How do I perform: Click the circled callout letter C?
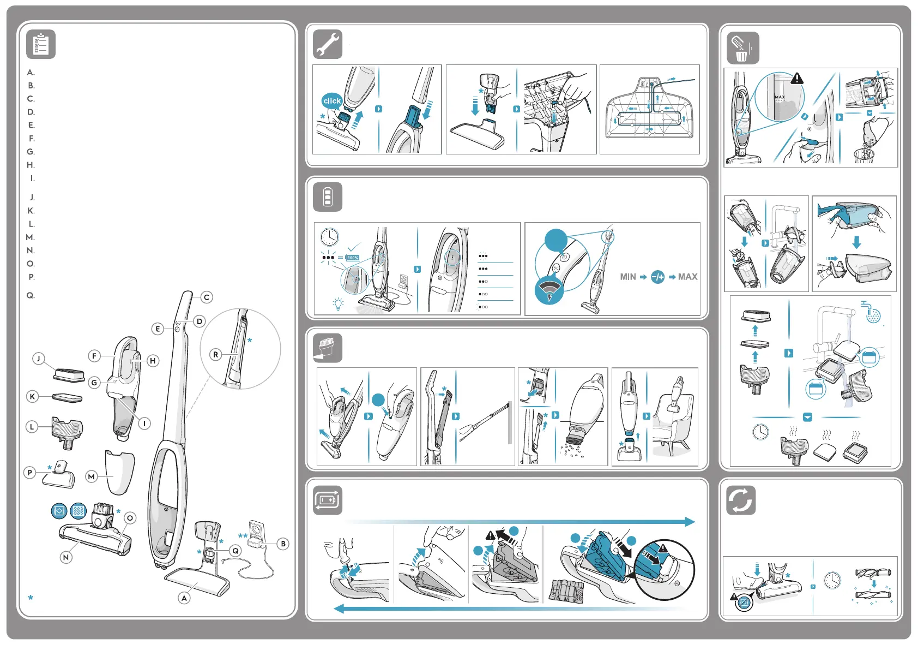[207, 297]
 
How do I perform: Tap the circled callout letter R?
[216, 355]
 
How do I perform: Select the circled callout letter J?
[38, 359]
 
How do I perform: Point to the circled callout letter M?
[92, 476]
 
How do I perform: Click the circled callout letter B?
[283, 544]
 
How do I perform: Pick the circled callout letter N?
[66, 557]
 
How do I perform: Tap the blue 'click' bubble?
[332, 101]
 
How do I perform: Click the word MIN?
[628, 277]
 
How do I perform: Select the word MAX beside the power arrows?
[688, 277]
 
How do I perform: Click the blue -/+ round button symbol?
[658, 277]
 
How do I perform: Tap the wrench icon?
[328, 45]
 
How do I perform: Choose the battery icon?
[328, 197]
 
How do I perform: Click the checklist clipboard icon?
[41, 45]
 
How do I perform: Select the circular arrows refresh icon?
[741, 500]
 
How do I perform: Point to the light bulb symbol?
[339, 304]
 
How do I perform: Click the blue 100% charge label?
[353, 258]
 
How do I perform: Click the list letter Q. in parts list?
[31, 295]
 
